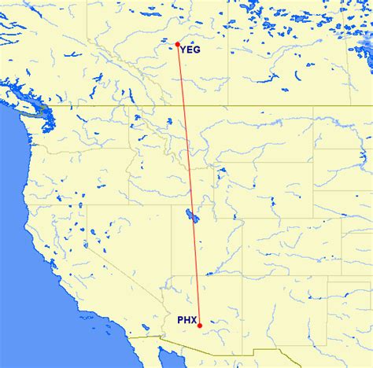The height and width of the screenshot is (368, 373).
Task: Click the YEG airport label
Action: coord(190,50)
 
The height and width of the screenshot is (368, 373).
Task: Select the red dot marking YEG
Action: coord(178,44)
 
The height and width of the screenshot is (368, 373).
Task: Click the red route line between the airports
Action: coord(188,181)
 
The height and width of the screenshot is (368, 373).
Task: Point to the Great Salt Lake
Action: coord(188,215)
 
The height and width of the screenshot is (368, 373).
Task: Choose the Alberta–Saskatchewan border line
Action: coord(229,63)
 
